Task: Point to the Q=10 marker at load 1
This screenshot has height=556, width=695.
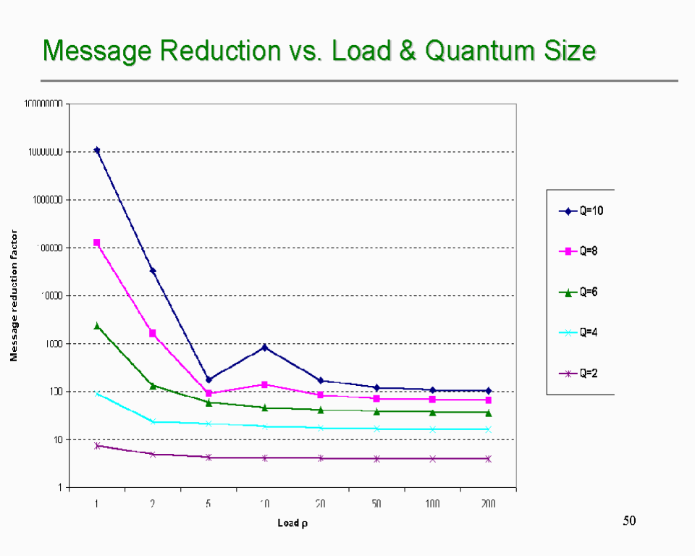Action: coord(97,151)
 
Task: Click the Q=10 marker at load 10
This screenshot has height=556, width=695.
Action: coord(265,347)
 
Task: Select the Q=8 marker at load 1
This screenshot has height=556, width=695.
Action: coord(97,243)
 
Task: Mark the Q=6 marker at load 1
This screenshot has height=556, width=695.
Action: coord(97,326)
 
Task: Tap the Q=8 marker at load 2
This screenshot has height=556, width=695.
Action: coord(153,333)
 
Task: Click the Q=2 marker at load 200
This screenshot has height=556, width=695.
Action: coord(488,458)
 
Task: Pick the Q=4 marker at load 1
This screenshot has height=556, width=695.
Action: coord(97,394)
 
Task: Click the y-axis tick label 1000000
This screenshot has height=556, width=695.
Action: coord(46,200)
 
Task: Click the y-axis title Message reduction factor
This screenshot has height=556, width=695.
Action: coord(14,296)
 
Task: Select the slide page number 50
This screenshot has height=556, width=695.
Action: coord(629,521)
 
